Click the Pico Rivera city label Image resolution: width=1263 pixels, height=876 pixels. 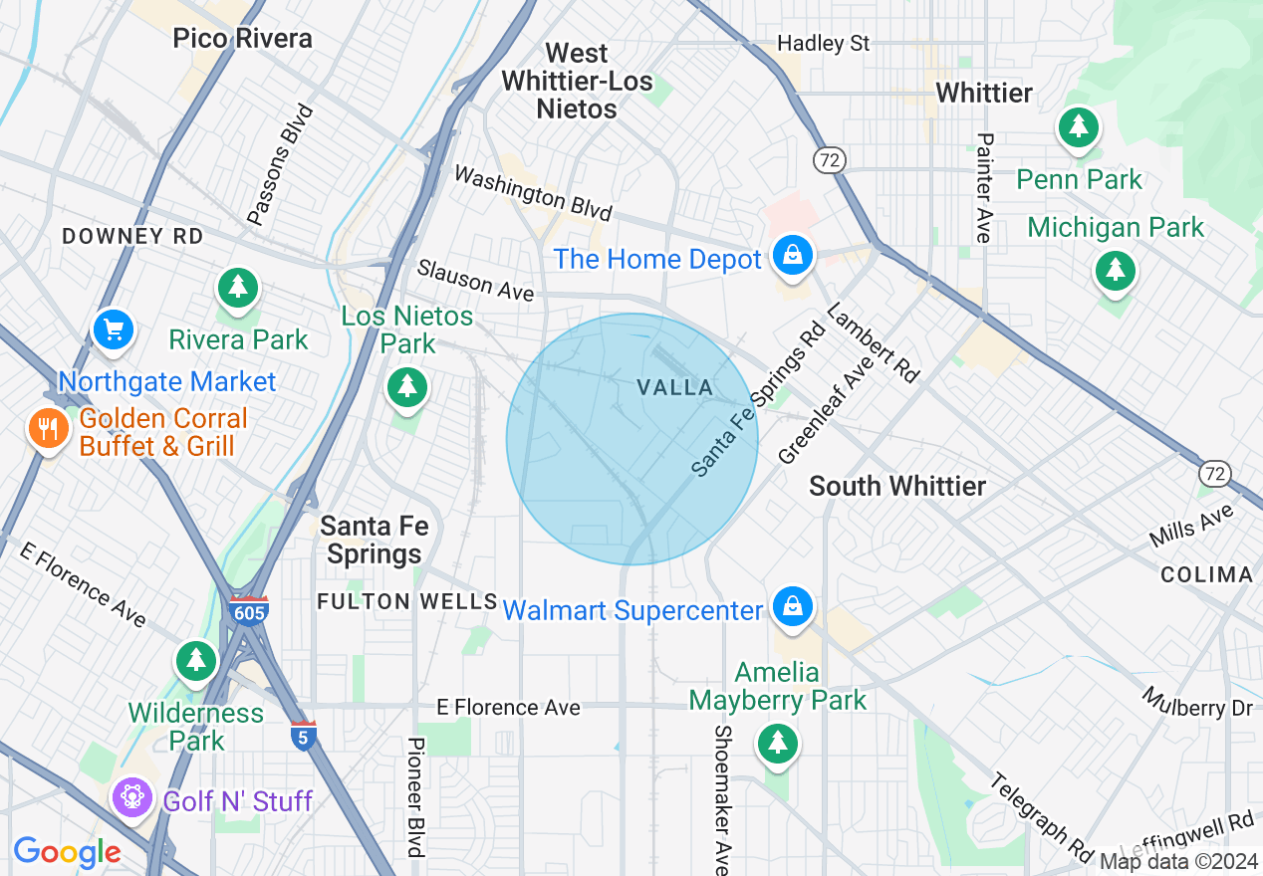pyautogui.click(x=242, y=39)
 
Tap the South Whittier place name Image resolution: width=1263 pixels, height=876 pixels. pyautogui.click(x=896, y=486)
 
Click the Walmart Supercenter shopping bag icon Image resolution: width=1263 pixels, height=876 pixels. pyautogui.click(x=792, y=607)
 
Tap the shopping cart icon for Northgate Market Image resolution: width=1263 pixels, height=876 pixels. pyautogui.click(x=114, y=329)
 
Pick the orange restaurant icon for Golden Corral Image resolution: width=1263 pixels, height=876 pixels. pyautogui.click(x=47, y=429)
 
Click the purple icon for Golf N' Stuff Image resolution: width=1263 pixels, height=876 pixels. pyautogui.click(x=131, y=798)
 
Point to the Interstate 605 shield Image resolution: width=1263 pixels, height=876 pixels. pyautogui.click(x=247, y=611)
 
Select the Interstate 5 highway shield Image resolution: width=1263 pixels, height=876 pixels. pyautogui.click(x=304, y=737)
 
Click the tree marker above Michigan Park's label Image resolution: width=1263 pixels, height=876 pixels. pyautogui.click(x=1115, y=270)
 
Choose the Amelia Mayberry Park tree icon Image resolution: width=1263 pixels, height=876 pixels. pyautogui.click(x=777, y=743)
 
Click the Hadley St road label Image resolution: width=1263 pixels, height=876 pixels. pyautogui.click(x=823, y=44)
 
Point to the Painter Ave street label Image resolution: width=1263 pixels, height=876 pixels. pyautogui.click(x=984, y=187)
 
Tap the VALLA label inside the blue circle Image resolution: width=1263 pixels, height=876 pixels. pyautogui.click(x=675, y=387)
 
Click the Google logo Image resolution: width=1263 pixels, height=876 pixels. pyautogui.click(x=67, y=851)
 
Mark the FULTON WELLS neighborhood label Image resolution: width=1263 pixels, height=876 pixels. pyautogui.click(x=406, y=601)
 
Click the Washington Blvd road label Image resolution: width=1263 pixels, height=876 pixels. pyautogui.click(x=532, y=193)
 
